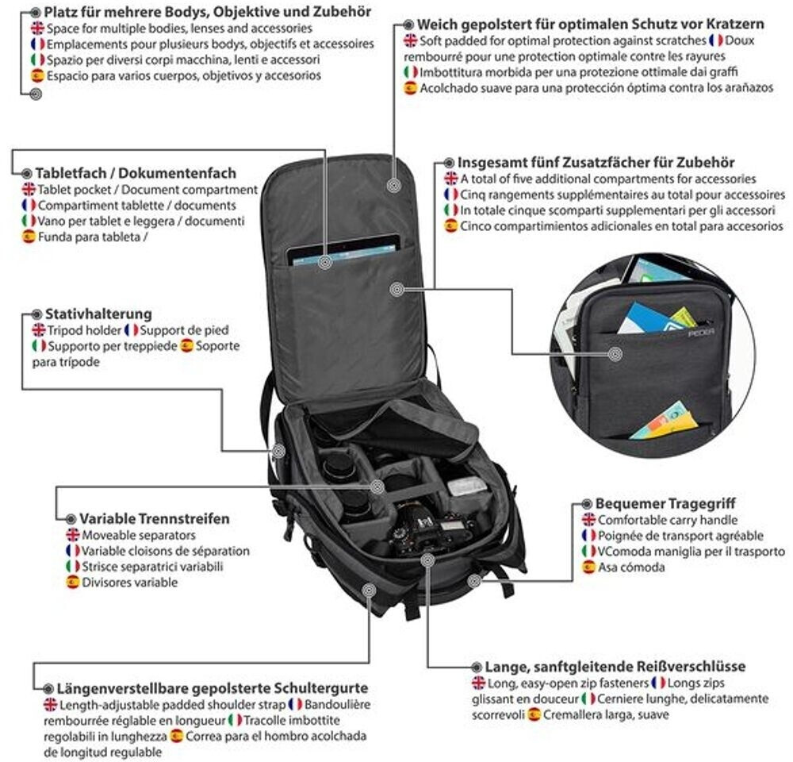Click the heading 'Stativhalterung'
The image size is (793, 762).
(x=98, y=314)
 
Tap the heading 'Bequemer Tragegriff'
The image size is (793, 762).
(x=666, y=504)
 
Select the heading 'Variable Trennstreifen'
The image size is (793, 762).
(x=154, y=518)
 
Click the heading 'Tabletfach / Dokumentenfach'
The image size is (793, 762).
(x=136, y=173)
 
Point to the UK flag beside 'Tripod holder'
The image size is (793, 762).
(x=39, y=329)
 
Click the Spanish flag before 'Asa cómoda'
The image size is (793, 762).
(x=588, y=567)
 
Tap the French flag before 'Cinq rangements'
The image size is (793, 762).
(x=450, y=194)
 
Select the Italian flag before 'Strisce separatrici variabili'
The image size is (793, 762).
(x=72, y=566)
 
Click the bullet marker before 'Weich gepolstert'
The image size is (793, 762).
(x=408, y=25)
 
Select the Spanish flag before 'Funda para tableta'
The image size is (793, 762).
(x=29, y=236)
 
